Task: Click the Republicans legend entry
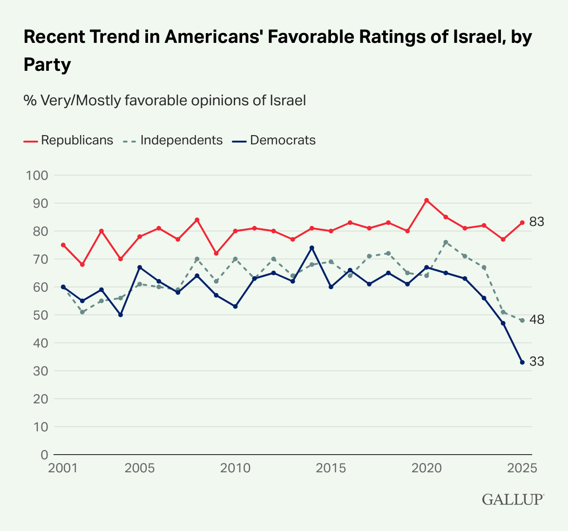(68, 140)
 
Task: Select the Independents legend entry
(173, 140)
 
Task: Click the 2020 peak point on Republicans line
(426, 200)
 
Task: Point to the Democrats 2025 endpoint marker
(522, 362)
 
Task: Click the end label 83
(537, 222)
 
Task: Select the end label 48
(537, 320)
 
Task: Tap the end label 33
(537, 361)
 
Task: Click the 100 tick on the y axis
(38, 176)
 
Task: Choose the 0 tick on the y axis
(44, 455)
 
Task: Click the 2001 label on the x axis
(63, 468)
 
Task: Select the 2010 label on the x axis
(235, 468)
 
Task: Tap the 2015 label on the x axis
(331, 468)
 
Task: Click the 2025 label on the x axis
(522, 468)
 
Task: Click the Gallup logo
(513, 499)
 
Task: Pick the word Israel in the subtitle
(287, 100)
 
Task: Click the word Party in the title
(47, 65)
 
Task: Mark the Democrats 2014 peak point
(312, 248)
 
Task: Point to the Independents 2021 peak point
(446, 242)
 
